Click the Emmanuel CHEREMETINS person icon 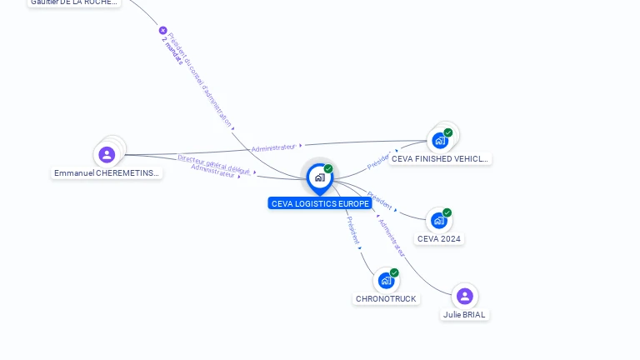[107, 154]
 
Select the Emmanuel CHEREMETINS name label [107, 173]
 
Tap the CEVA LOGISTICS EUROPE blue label [320, 203]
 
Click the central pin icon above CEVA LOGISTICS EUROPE [319, 177]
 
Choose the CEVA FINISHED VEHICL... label [440, 159]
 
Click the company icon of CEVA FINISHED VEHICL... [439, 140]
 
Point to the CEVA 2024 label [439, 239]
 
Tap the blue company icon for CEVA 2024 [438, 221]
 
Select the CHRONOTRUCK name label [386, 299]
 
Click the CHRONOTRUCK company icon [386, 281]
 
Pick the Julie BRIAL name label [464, 315]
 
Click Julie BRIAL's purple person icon [465, 296]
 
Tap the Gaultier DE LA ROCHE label [73, 2]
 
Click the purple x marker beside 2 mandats [163, 31]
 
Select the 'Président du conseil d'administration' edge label [201, 79]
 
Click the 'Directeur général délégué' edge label [213, 163]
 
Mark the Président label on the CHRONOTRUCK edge [353, 231]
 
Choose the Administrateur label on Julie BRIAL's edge [391, 237]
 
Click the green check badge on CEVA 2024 [447, 212]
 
